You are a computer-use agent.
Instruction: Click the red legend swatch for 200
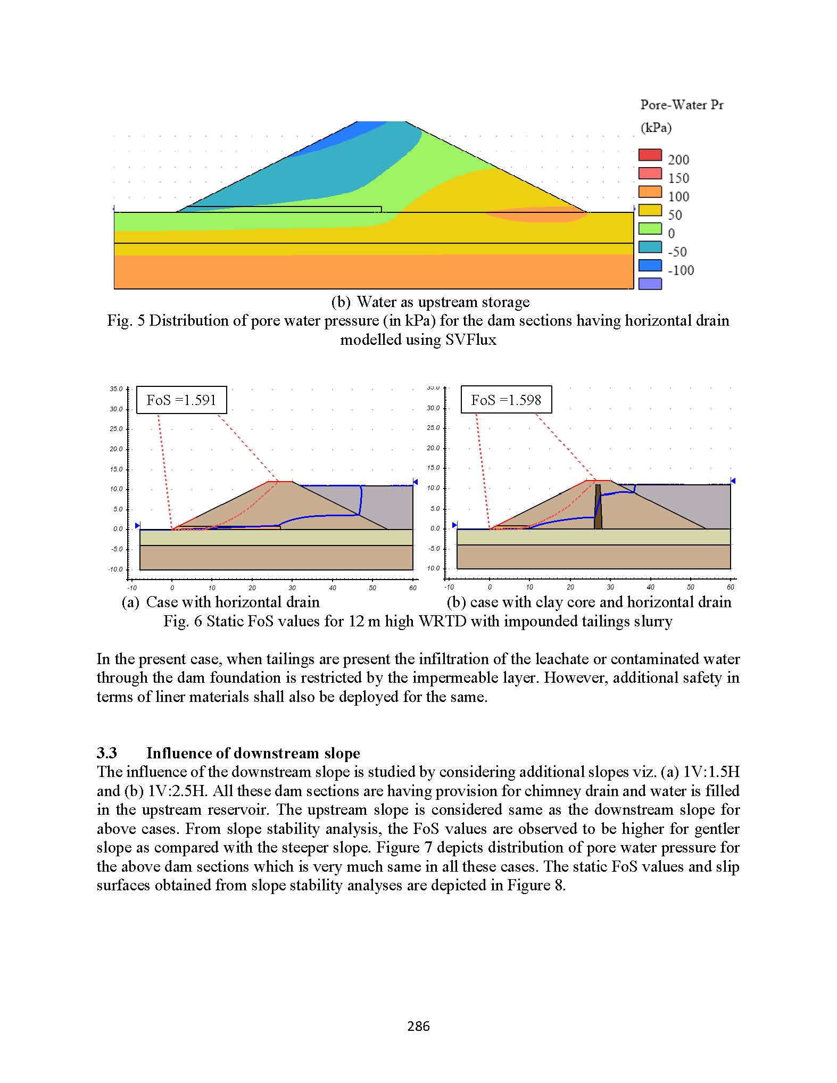click(650, 155)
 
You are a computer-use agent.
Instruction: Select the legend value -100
click(681, 270)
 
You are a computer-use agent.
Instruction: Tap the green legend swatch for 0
click(650, 229)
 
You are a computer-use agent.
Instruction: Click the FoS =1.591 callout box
click(181, 400)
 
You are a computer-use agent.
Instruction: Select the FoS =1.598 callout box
click(505, 400)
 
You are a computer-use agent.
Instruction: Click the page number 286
click(418, 1026)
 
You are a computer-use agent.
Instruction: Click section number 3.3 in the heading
click(106, 753)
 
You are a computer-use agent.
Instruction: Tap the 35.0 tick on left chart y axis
click(116, 389)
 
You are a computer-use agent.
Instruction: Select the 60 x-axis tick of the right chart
click(730, 587)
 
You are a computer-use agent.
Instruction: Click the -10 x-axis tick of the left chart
click(131, 588)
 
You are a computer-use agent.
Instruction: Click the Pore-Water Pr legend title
click(682, 105)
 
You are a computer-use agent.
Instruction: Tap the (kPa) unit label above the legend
click(656, 128)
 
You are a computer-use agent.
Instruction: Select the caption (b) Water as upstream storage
click(430, 302)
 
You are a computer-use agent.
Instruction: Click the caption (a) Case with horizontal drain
click(221, 602)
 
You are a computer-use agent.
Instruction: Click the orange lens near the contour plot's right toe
click(537, 214)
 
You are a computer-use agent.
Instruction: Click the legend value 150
click(678, 178)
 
